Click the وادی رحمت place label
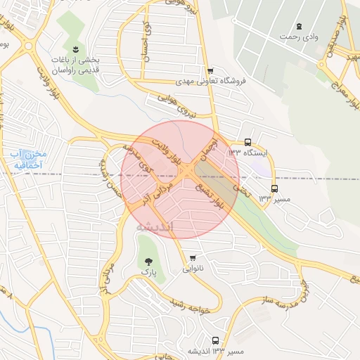[x=299, y=35]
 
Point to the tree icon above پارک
[x=147, y=262]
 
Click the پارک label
[x=148, y=271]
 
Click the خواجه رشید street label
[x=182, y=302]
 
